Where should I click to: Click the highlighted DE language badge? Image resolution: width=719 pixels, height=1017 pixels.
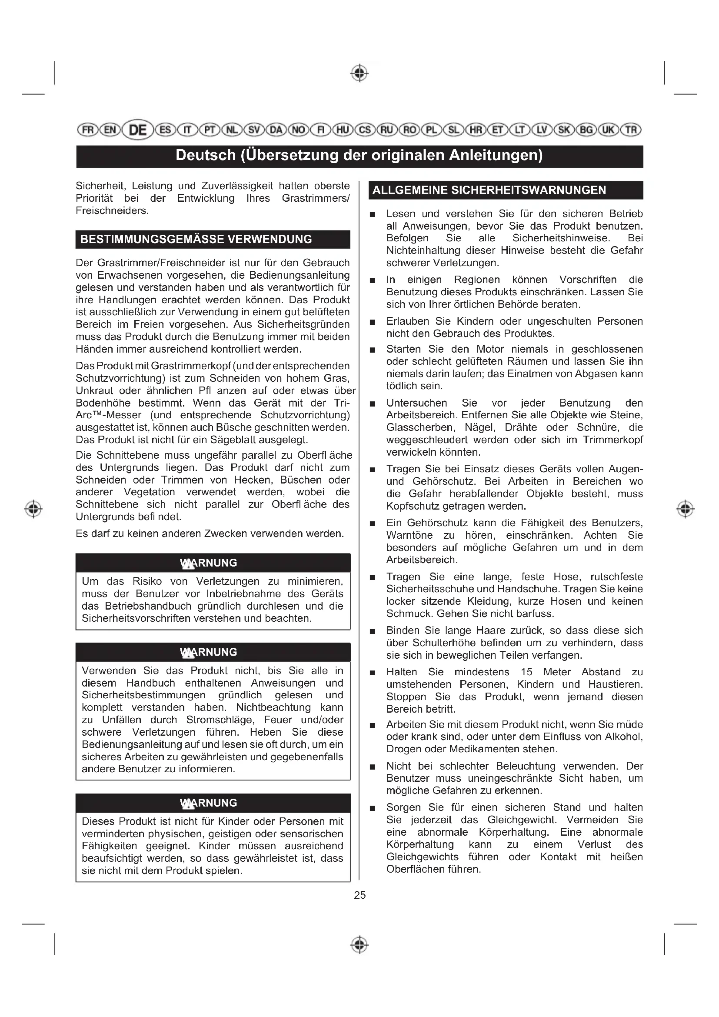point(138,130)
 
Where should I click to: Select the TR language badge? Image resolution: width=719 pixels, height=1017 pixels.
point(631,130)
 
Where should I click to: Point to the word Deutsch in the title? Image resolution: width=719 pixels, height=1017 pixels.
point(206,156)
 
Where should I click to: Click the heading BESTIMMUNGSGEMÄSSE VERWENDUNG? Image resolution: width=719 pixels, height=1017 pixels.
point(196,239)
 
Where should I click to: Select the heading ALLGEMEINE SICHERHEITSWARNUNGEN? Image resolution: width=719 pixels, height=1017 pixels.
point(489,190)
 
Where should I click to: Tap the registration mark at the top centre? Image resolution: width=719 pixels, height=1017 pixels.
point(359,73)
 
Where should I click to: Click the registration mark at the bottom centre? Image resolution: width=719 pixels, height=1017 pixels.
point(359,945)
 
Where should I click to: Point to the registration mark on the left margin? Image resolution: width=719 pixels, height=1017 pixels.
point(33,509)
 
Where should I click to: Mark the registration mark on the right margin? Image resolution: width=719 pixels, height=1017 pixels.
point(685,509)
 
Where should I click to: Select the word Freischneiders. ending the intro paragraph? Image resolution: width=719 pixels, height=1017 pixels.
point(112,211)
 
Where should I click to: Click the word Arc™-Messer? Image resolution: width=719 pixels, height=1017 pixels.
point(109,416)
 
